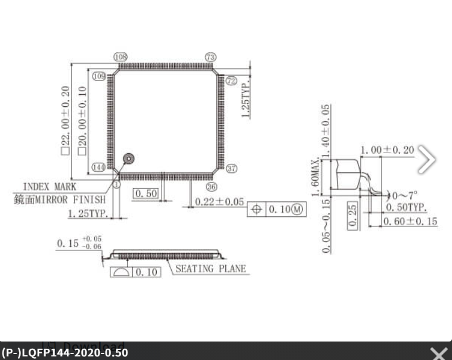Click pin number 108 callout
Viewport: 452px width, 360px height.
[x=120, y=57]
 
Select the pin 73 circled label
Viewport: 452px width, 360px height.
[x=210, y=57]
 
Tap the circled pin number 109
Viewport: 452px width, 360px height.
[x=99, y=76]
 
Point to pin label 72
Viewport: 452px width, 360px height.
[x=231, y=80]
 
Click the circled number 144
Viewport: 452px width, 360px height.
[x=99, y=167]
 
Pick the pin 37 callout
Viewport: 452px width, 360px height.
[x=232, y=169]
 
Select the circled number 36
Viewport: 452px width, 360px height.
[x=212, y=187]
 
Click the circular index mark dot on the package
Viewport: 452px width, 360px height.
[x=128, y=159]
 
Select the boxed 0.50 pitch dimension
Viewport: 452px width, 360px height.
[x=145, y=194]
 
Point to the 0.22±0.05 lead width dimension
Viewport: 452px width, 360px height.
[x=219, y=202]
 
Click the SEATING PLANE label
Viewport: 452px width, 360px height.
[x=210, y=269]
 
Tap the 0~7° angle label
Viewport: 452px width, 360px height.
[x=404, y=195]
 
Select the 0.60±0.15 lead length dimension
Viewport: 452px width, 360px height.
[x=411, y=221]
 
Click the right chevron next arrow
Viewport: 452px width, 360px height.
[x=427, y=159]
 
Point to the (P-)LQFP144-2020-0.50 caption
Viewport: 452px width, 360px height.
[x=64, y=353]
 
